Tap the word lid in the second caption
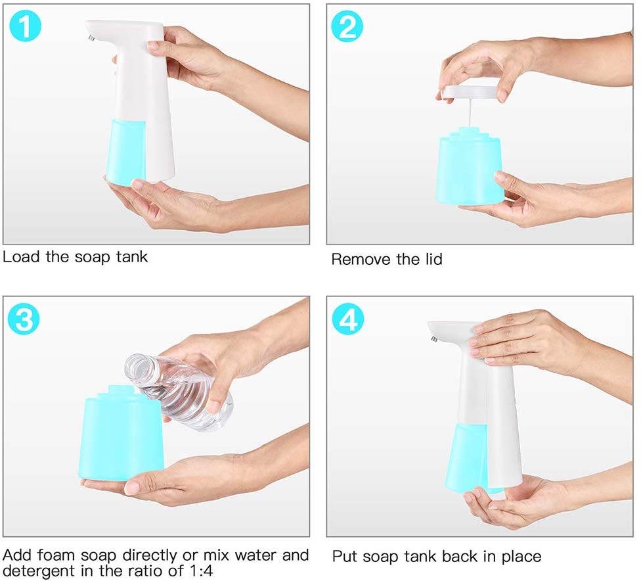coord(431,260)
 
